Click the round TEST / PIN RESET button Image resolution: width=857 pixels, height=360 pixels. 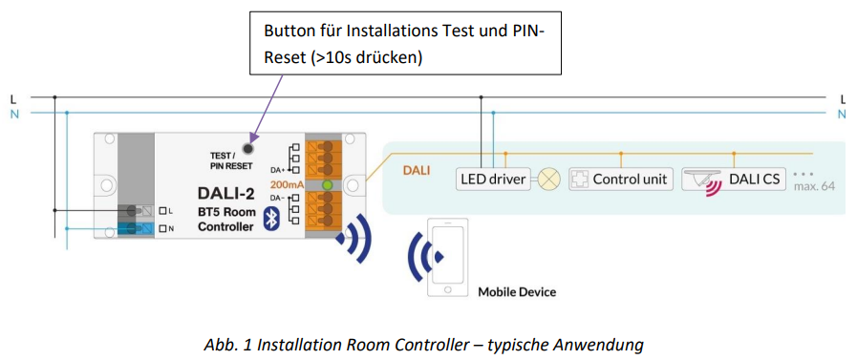(x=249, y=149)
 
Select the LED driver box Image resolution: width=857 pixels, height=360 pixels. (x=494, y=179)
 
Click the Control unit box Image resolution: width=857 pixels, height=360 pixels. (x=622, y=179)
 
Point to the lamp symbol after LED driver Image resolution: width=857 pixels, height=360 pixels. (x=549, y=179)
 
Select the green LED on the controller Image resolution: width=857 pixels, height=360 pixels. (x=327, y=183)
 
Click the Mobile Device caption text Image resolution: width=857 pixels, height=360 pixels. (x=516, y=291)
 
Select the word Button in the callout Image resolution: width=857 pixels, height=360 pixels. (x=288, y=31)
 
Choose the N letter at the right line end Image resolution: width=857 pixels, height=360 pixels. (x=842, y=115)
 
